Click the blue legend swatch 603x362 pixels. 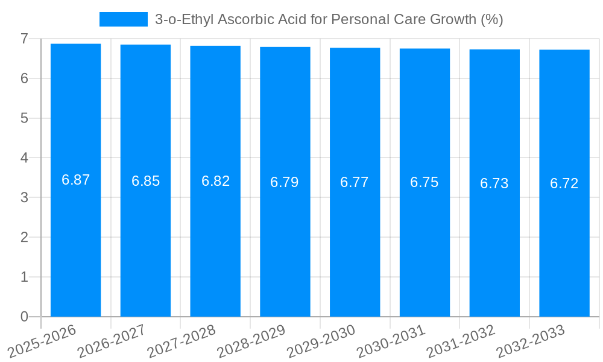pos(123,19)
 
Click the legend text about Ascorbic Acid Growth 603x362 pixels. pos(329,19)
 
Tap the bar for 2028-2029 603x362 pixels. pos(285,182)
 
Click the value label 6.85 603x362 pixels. pos(145,181)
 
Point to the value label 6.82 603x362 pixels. pos(215,181)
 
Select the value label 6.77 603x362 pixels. pos(355,182)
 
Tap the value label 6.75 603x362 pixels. pos(425,182)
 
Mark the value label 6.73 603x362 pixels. pos(494,183)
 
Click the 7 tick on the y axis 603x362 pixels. pos(24,39)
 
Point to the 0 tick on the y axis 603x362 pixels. pos(24,317)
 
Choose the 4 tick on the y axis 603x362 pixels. pos(24,158)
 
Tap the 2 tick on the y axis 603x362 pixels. pos(24,237)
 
